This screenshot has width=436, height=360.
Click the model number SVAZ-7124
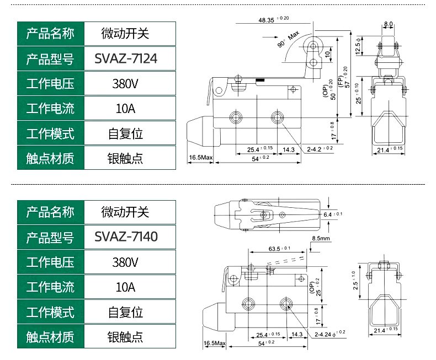tap(126, 58)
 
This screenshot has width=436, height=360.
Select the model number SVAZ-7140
tap(126, 237)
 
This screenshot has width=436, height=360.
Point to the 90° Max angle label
tap(287, 41)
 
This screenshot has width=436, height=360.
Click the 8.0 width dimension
tap(389, 24)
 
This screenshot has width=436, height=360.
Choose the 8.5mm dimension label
tap(321, 239)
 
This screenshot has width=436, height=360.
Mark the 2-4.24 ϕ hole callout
tap(329, 333)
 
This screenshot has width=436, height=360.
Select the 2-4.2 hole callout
tap(320, 149)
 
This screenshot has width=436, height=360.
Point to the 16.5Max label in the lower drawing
tap(215, 343)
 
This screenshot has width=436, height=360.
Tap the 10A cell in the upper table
tap(125, 108)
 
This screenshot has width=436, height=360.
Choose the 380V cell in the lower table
tap(125, 262)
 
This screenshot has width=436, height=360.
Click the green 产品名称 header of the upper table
tap(50, 34)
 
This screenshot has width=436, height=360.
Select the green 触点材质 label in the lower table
tap(50, 337)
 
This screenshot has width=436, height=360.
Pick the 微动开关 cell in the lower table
tap(125, 212)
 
